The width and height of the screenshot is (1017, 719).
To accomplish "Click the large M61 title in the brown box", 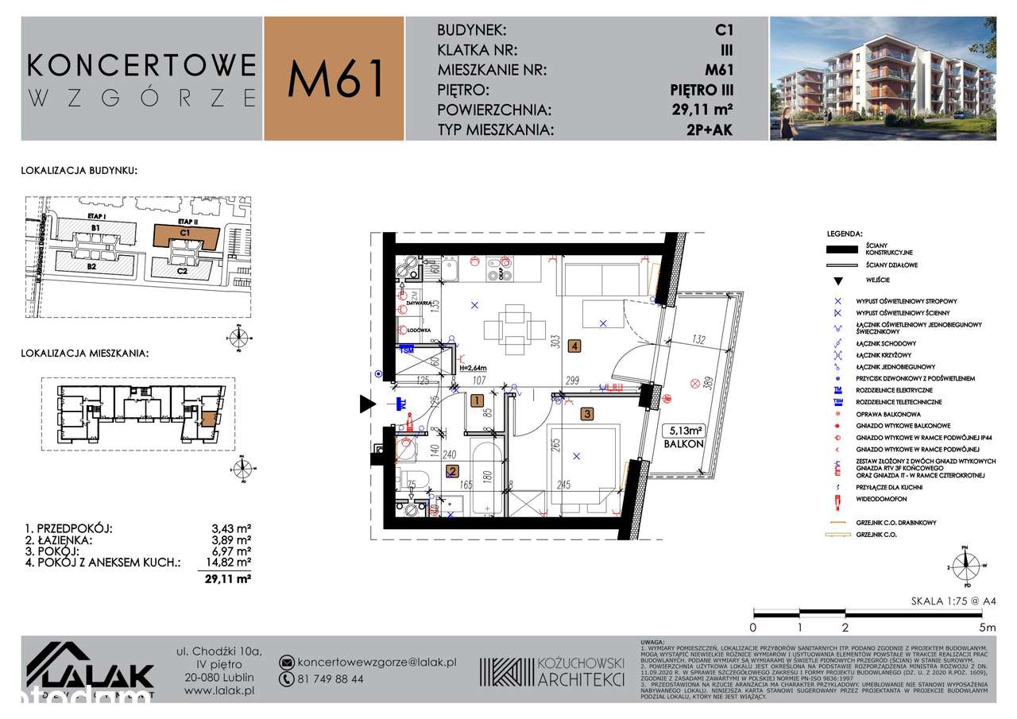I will (336, 79).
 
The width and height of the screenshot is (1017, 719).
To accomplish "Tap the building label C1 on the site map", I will (184, 233).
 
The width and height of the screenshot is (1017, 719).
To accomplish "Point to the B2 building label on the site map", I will (92, 267).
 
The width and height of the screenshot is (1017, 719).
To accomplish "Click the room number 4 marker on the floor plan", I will (574, 346).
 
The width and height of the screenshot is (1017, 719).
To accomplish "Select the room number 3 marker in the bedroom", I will (586, 413).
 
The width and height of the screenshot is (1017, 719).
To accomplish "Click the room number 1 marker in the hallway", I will (476, 401).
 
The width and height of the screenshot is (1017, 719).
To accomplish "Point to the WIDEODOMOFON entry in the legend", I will (882, 501).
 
